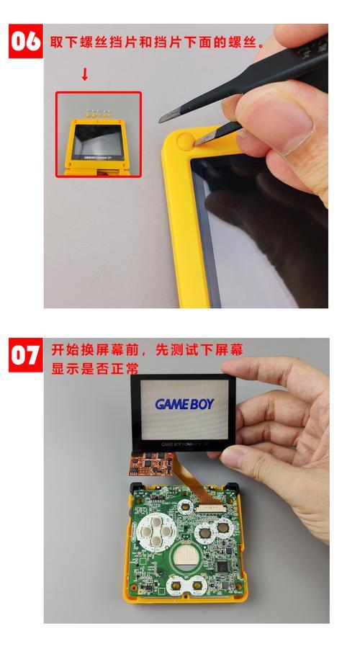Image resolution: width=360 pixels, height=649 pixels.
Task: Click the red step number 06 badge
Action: click(x=26, y=40)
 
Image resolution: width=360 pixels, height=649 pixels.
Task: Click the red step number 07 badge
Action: click(x=26, y=356)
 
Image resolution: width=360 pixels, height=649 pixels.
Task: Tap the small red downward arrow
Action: click(x=84, y=74)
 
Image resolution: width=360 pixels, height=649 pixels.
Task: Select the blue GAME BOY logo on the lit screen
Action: click(x=184, y=404)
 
